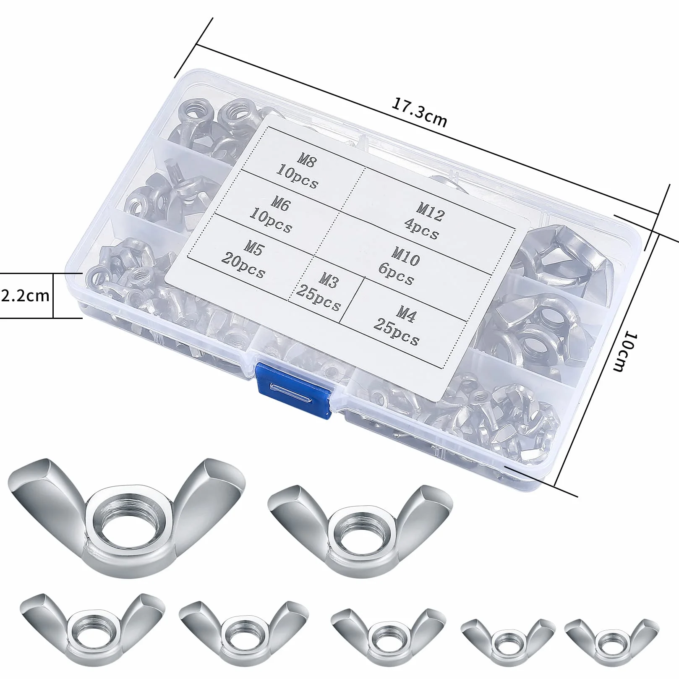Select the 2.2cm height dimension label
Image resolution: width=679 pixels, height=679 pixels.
pos(26,296)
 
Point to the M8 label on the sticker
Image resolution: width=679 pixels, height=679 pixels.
pos(308,160)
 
